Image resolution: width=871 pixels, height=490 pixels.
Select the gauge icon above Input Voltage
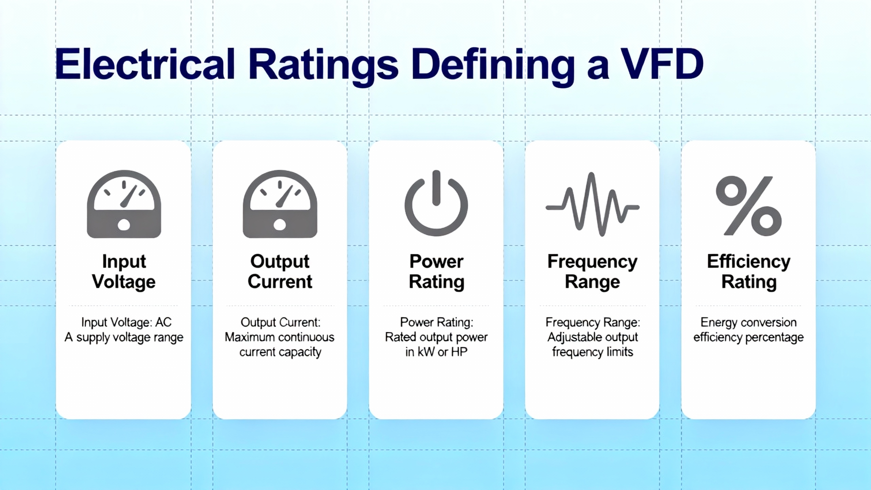pyautogui.click(x=124, y=204)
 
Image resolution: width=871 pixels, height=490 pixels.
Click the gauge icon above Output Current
pyautogui.click(x=280, y=204)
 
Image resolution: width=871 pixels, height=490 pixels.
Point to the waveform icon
pyautogui.click(x=592, y=204)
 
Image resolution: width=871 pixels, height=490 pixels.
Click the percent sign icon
pyautogui.click(x=749, y=206)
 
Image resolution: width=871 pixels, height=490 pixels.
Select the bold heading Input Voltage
pyautogui.click(x=124, y=272)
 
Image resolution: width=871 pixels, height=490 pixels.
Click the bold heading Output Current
pyautogui.click(x=280, y=272)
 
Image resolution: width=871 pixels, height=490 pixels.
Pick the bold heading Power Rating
pyautogui.click(x=437, y=272)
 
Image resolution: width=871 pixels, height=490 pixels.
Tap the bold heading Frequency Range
pyautogui.click(x=592, y=272)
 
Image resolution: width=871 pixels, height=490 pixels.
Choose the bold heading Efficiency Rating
pyautogui.click(x=749, y=272)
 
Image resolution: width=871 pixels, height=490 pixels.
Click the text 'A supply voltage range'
pyautogui.click(x=124, y=338)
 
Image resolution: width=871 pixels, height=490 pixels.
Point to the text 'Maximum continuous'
pyautogui.click(x=280, y=337)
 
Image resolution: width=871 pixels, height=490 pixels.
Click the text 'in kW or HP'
pyautogui.click(x=436, y=352)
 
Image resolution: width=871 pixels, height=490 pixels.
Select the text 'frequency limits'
pyautogui.click(x=592, y=352)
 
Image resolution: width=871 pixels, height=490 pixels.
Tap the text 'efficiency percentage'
pyautogui.click(x=749, y=338)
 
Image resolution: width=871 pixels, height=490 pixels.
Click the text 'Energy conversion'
pyautogui.click(x=749, y=322)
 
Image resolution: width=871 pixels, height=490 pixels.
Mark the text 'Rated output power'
pyautogui.click(x=436, y=337)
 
